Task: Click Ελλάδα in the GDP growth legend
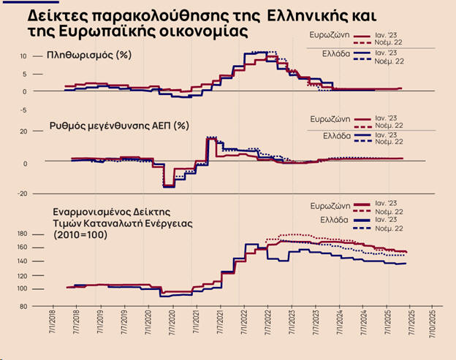coord(337,136)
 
